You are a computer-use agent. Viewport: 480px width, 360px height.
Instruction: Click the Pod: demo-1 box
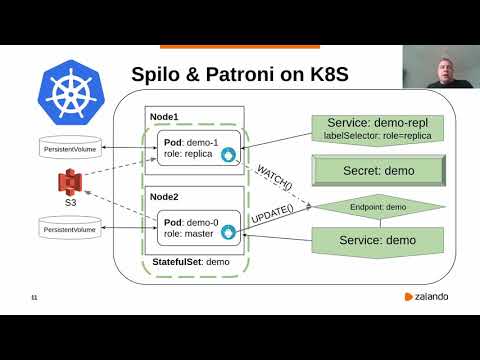click(x=199, y=149)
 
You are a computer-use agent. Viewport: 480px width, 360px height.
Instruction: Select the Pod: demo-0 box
click(x=199, y=228)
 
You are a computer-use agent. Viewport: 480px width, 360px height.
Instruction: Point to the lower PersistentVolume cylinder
click(x=71, y=231)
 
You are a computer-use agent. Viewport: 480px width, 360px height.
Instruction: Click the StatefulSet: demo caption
click(x=194, y=262)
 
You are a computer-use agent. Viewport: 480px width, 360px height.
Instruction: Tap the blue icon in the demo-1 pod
click(x=228, y=156)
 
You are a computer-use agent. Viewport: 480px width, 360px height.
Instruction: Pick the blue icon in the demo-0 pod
click(x=228, y=234)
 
